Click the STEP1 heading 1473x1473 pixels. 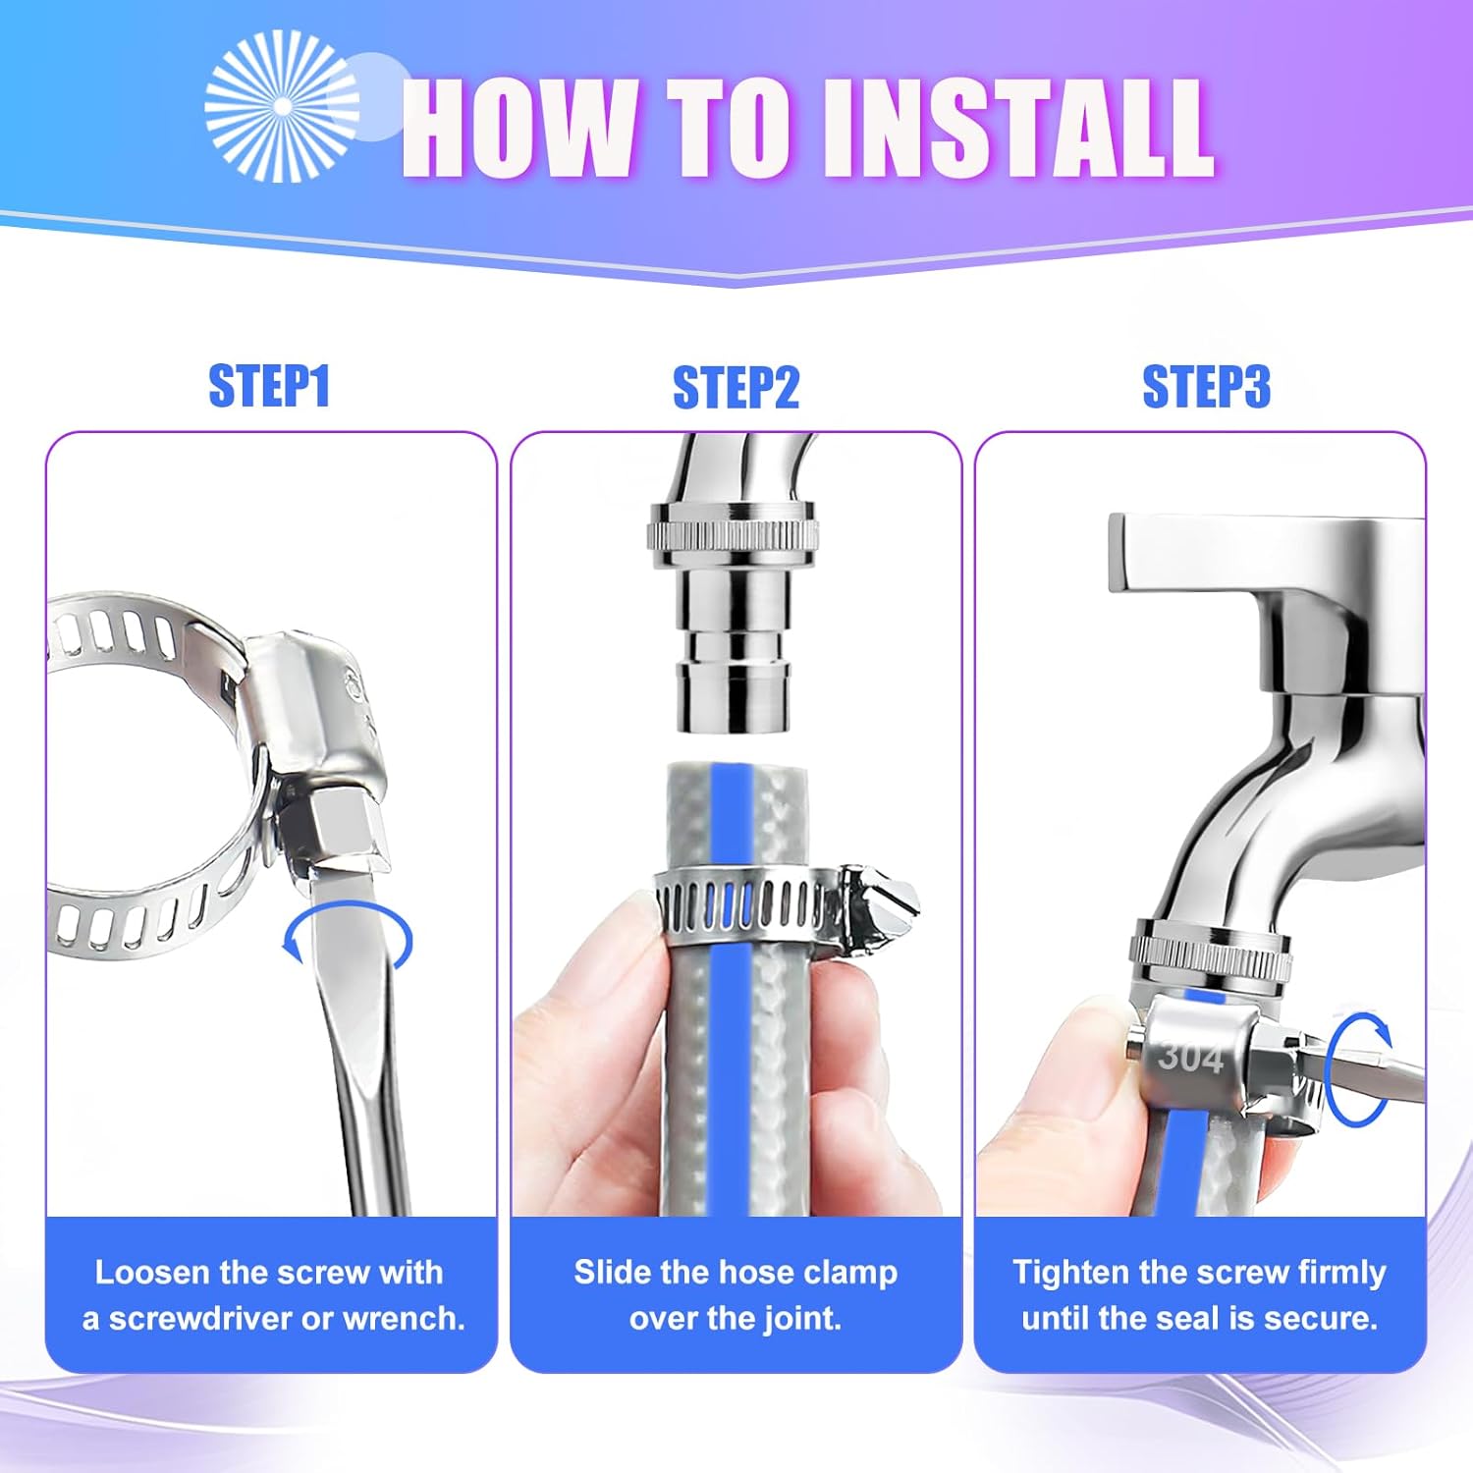pos(269,386)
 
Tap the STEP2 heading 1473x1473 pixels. pos(736,388)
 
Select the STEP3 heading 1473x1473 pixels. pos(1206,387)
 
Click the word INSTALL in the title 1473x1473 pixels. pos(1016,129)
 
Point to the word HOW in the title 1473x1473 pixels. pos(519,129)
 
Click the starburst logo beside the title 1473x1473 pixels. pos(282,106)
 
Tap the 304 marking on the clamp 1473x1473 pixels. pos(1190,1058)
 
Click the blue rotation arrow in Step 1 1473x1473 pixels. pos(346,938)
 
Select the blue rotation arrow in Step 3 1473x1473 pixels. pos(1360,1069)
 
